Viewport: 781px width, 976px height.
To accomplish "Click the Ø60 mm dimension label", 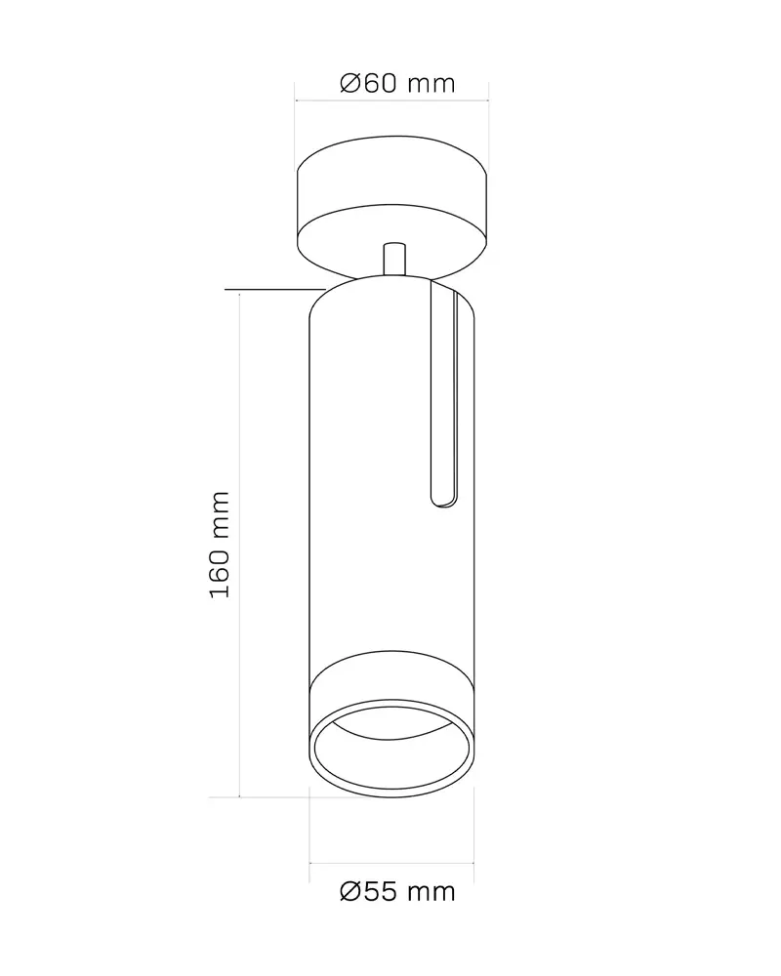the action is coord(397,83).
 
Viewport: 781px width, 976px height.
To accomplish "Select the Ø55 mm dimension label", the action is coord(397,892).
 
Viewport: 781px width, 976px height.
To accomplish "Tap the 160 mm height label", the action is coord(220,545).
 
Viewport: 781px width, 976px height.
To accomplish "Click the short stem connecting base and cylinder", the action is coord(394,259).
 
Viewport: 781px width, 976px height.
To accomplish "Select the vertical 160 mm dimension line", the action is coord(240,544).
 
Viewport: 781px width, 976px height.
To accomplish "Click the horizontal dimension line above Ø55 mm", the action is coord(391,864).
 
